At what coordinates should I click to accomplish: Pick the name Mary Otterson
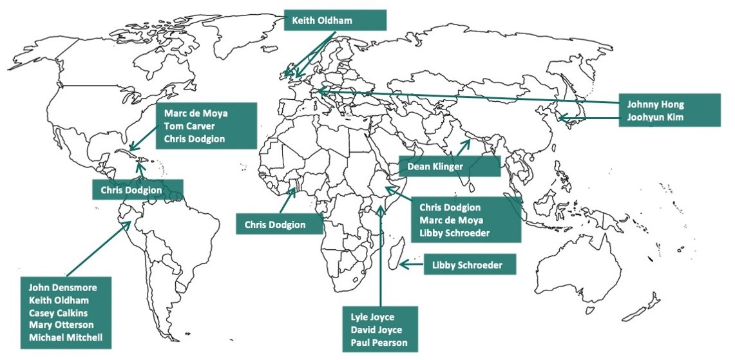61,325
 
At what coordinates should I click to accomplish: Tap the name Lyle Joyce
372,317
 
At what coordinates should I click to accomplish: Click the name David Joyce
377,330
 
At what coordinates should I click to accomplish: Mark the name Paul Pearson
379,343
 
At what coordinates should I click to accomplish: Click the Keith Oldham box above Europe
334,20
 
